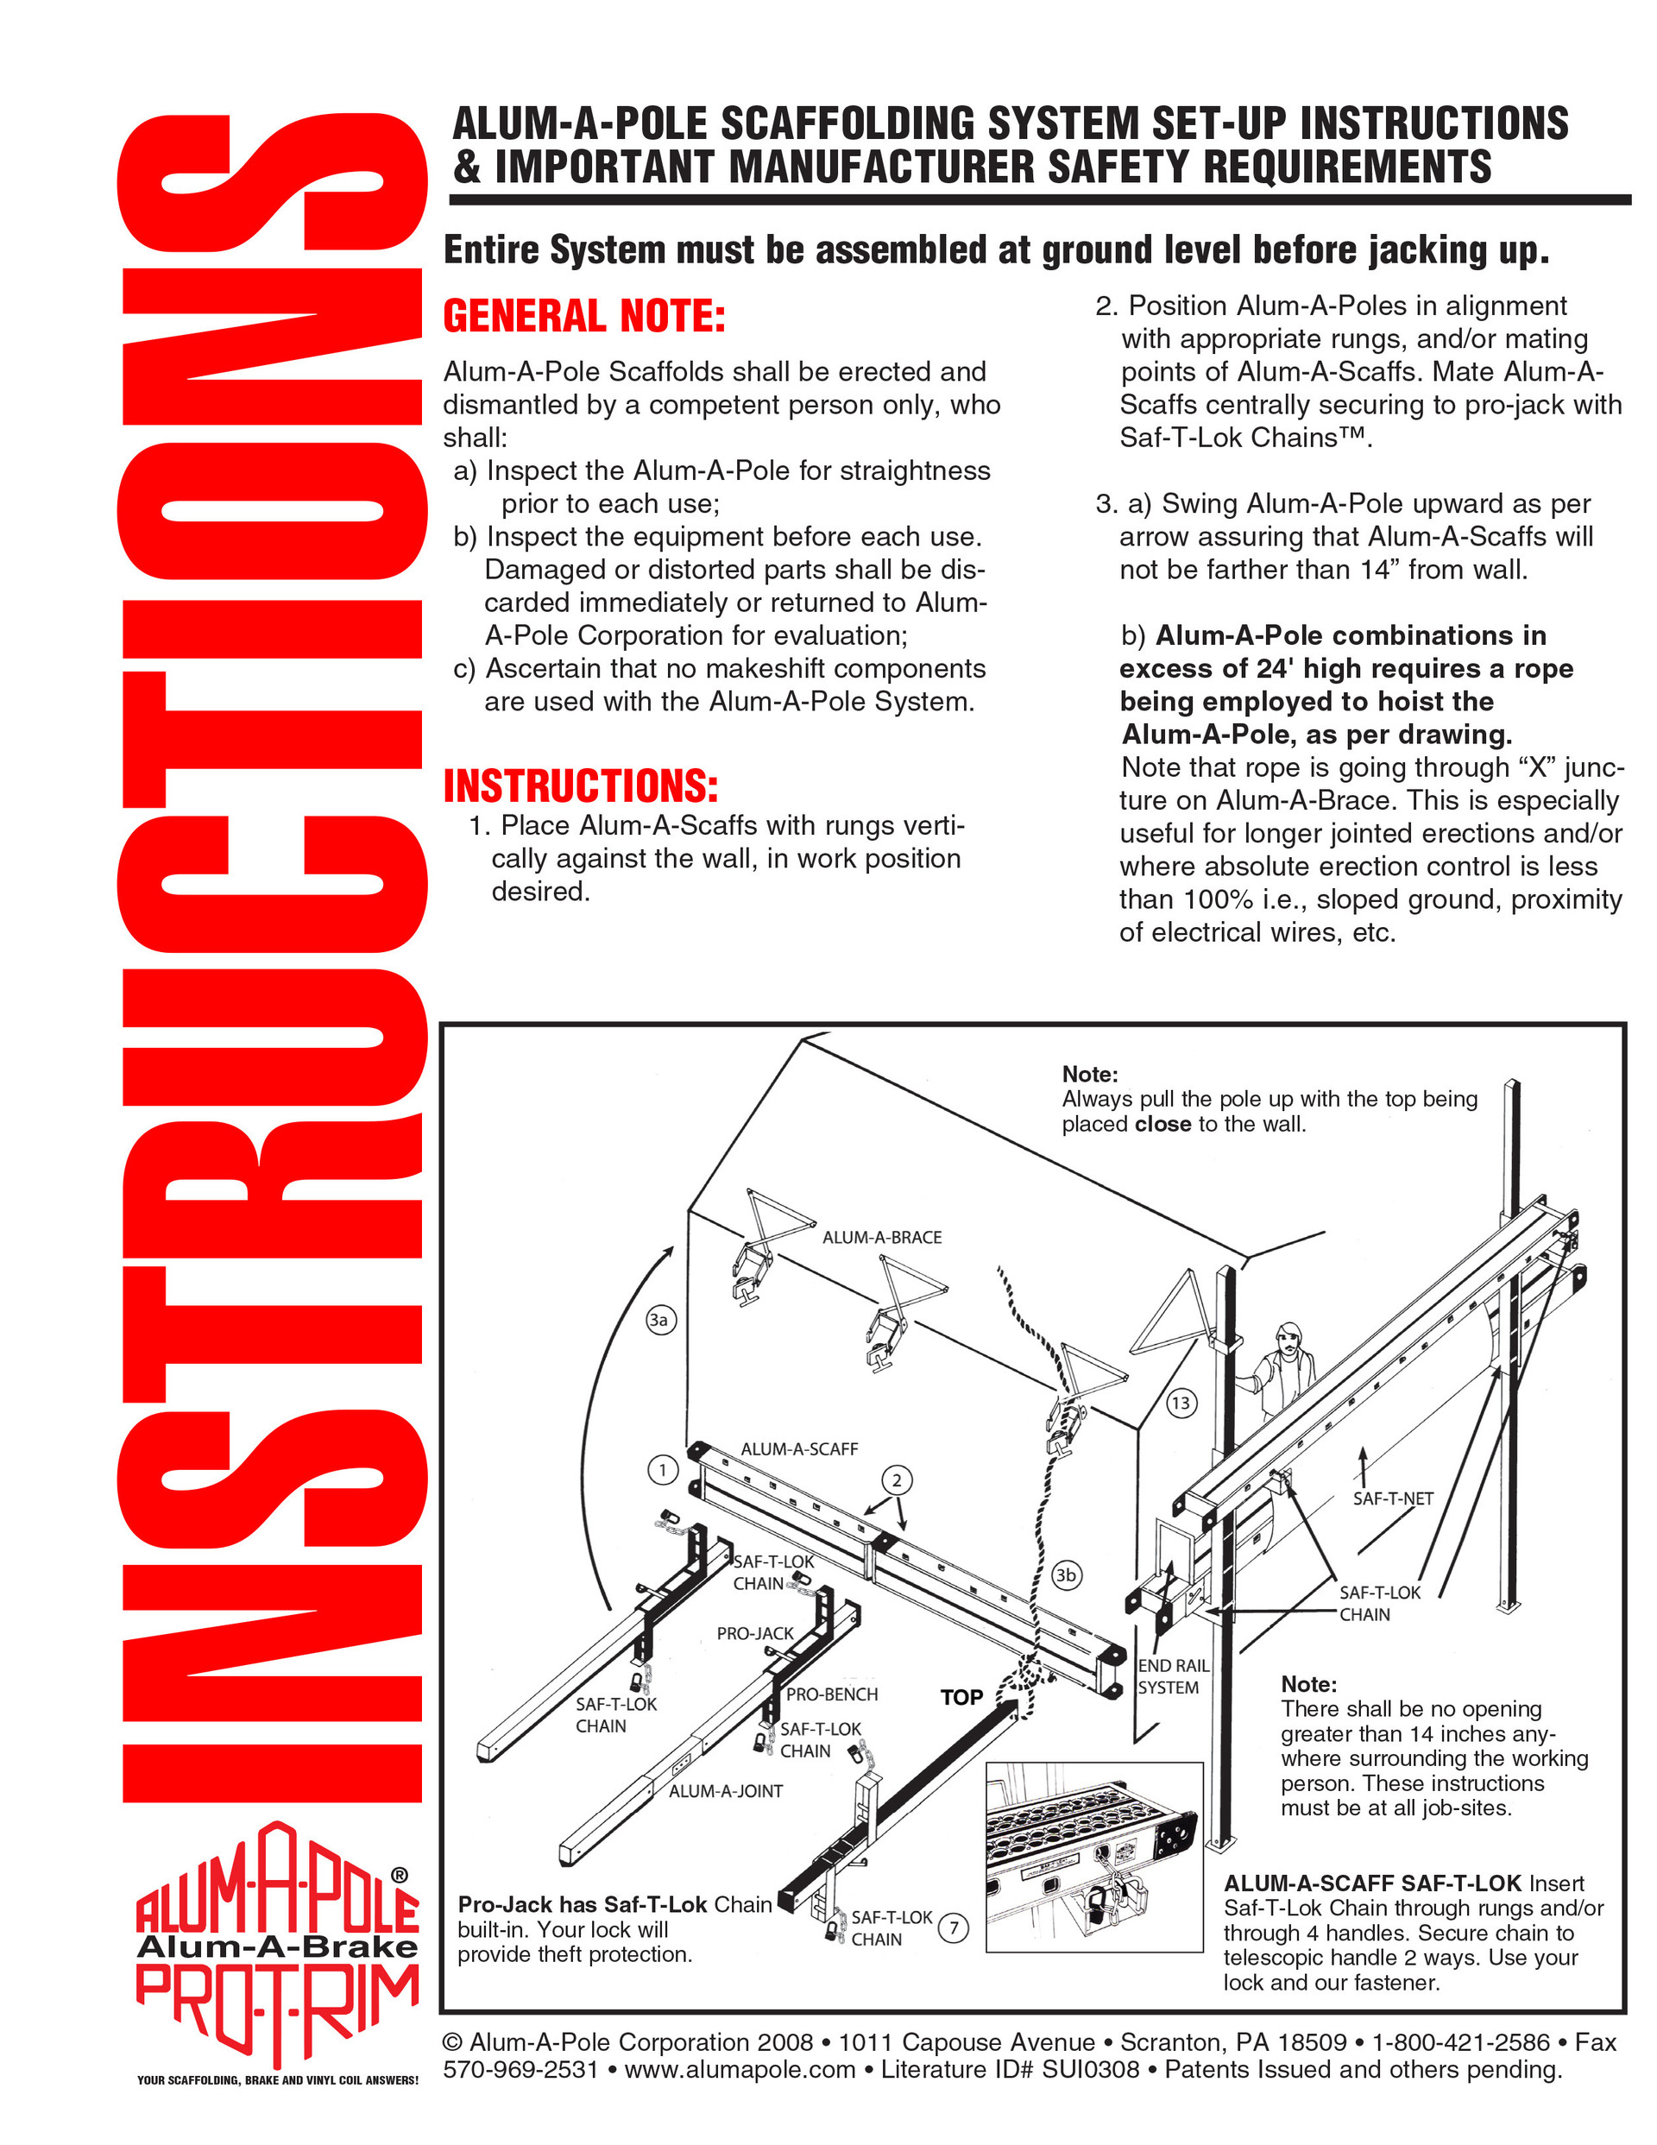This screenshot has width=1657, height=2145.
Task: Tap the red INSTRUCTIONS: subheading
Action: [x=581, y=786]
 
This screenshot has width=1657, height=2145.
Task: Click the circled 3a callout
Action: [x=661, y=1319]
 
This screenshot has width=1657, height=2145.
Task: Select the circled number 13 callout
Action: [x=1181, y=1403]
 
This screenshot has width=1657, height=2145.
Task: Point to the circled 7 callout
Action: [x=953, y=1928]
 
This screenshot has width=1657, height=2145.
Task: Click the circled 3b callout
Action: [x=1066, y=1575]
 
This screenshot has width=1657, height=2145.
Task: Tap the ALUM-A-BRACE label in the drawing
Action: [x=881, y=1238]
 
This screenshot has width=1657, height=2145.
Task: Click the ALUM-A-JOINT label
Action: [x=726, y=1791]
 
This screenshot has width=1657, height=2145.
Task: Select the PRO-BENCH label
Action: [x=831, y=1694]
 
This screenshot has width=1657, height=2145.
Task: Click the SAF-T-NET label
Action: [x=1393, y=1498]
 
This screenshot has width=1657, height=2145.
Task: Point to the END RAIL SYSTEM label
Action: [x=1173, y=1676]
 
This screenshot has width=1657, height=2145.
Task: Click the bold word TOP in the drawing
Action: [x=961, y=1697]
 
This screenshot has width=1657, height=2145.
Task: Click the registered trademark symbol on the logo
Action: [x=400, y=1875]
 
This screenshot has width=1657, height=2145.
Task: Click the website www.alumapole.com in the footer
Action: [x=740, y=2069]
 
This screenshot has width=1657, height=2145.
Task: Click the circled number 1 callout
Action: [x=663, y=1470]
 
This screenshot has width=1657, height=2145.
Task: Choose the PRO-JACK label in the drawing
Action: [x=754, y=1633]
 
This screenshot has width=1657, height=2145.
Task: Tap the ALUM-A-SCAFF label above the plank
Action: [x=798, y=1448]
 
